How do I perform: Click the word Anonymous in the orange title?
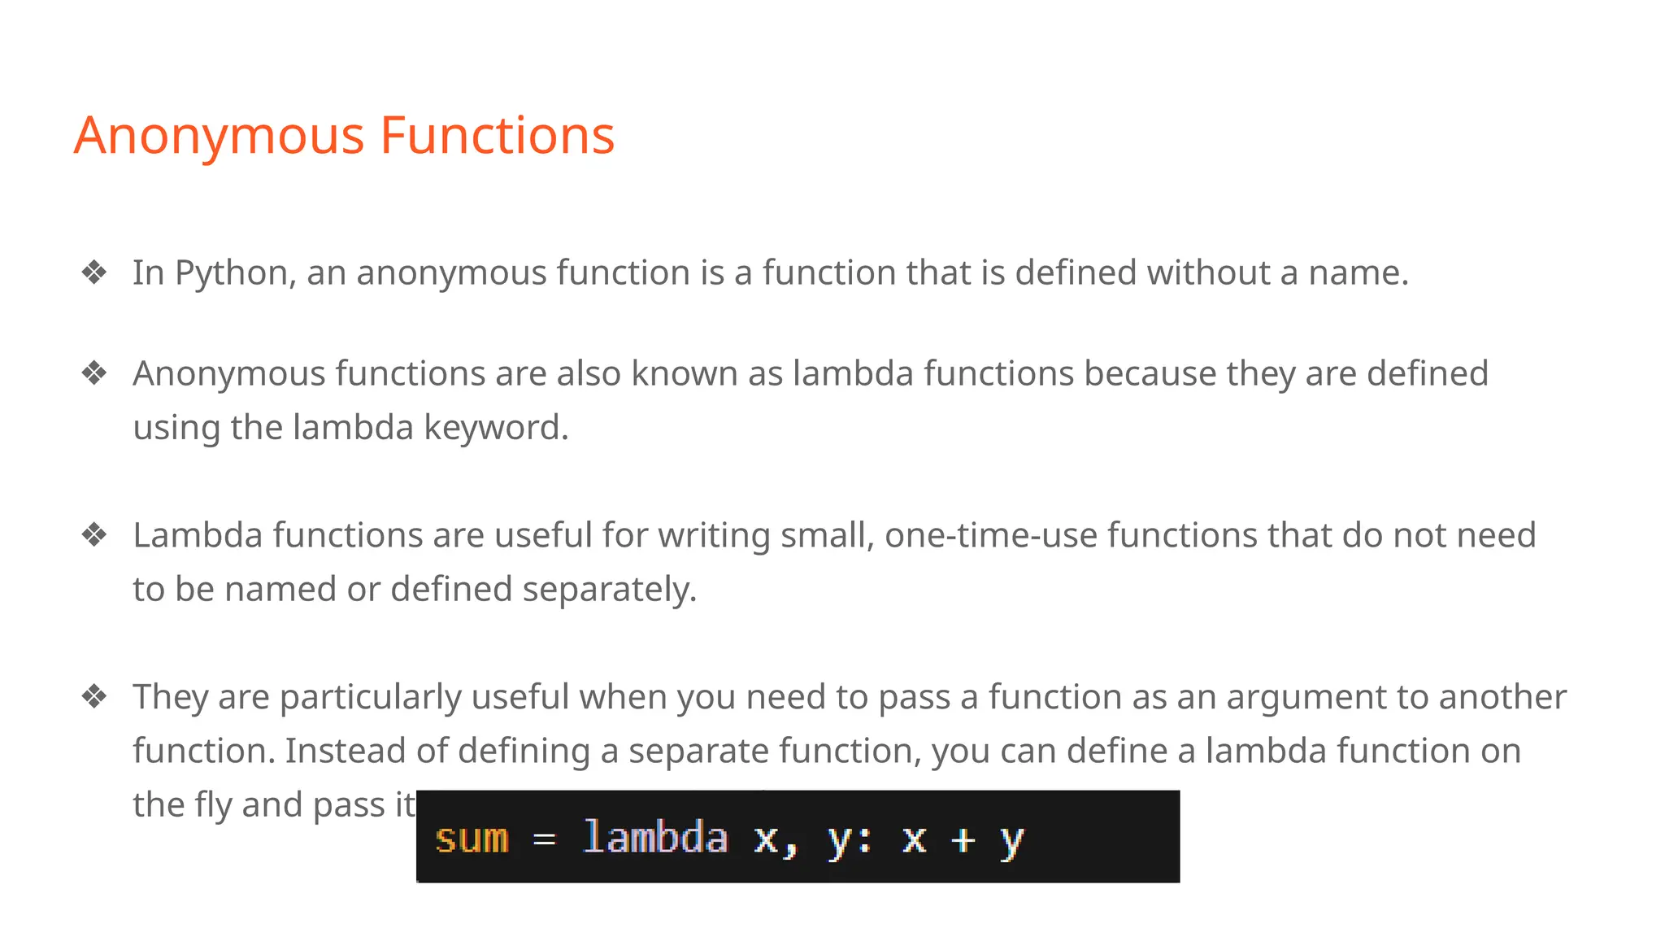point(219,136)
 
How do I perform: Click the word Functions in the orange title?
point(497,136)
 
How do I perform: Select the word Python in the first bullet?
point(232,273)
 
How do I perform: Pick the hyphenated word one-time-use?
point(989,536)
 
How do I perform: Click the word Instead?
point(345,751)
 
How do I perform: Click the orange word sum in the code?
point(472,839)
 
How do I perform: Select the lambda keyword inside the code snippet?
point(655,838)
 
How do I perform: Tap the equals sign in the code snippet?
point(545,839)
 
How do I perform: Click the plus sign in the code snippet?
point(963,839)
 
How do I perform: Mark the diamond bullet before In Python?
point(94,272)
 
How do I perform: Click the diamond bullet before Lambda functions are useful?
point(94,535)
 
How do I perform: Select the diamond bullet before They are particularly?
point(94,697)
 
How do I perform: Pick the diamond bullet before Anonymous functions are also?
point(94,373)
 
